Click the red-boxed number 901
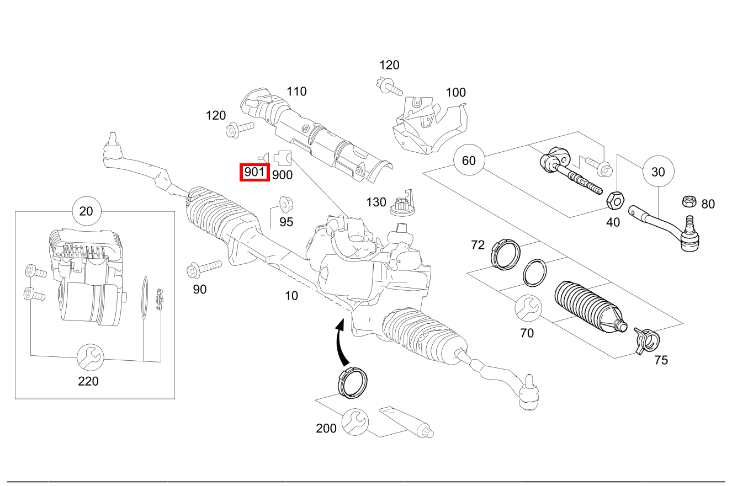pyautogui.click(x=254, y=172)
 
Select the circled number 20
pyautogui.click(x=86, y=211)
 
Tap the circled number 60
pyautogui.click(x=468, y=161)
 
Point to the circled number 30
pyautogui.click(x=658, y=172)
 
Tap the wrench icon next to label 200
pyautogui.click(x=354, y=422)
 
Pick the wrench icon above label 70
pyautogui.click(x=528, y=308)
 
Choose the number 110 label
pyautogui.click(x=296, y=91)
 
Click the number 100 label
pyautogui.click(x=455, y=92)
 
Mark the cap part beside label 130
pyautogui.click(x=401, y=204)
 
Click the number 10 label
pyautogui.click(x=291, y=296)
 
